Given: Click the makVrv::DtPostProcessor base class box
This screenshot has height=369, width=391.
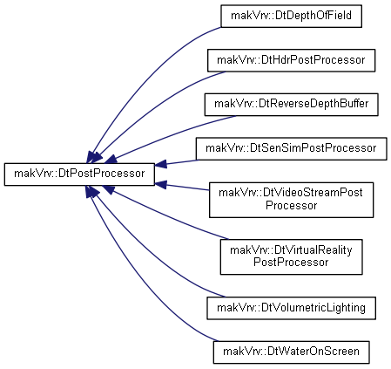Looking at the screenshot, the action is pos(79,174).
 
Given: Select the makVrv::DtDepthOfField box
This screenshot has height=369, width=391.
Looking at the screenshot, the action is pos(291,16).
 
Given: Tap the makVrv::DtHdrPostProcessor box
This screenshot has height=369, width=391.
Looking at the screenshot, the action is pos(291,60).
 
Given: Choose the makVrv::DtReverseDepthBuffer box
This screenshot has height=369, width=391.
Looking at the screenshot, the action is pos(291,105).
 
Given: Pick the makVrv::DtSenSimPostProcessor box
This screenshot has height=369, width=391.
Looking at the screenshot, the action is pos(291,149).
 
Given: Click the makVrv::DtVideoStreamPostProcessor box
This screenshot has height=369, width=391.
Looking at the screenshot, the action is pos(291,200).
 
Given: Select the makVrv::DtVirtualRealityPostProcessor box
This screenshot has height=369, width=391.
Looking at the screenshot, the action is pos(291,256).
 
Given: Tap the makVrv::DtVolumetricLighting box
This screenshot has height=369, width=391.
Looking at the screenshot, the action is pos(291,308).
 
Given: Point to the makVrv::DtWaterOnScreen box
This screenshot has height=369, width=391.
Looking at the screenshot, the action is pos(291,352).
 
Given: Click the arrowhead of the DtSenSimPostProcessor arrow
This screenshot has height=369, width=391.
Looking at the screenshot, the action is pos(160,164).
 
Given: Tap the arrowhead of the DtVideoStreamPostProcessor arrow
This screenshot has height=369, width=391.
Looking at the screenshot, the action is pos(160,185).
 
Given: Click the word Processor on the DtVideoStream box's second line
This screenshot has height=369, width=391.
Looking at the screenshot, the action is pos(291,206).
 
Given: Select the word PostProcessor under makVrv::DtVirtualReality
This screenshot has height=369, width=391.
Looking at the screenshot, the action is pos(291,263).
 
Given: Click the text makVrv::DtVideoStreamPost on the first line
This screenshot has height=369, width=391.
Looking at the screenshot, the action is pos(291,193).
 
